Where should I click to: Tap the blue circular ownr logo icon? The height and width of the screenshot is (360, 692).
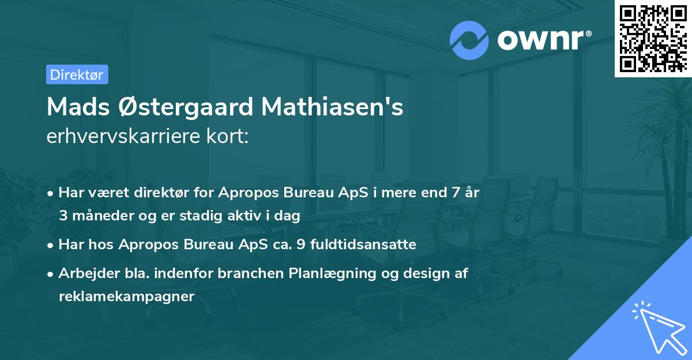tap(469, 40)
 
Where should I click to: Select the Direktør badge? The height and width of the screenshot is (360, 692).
tap(77, 74)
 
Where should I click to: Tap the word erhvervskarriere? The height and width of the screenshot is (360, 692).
tap(123, 137)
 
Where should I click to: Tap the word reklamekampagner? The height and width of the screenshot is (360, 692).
tap(127, 297)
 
